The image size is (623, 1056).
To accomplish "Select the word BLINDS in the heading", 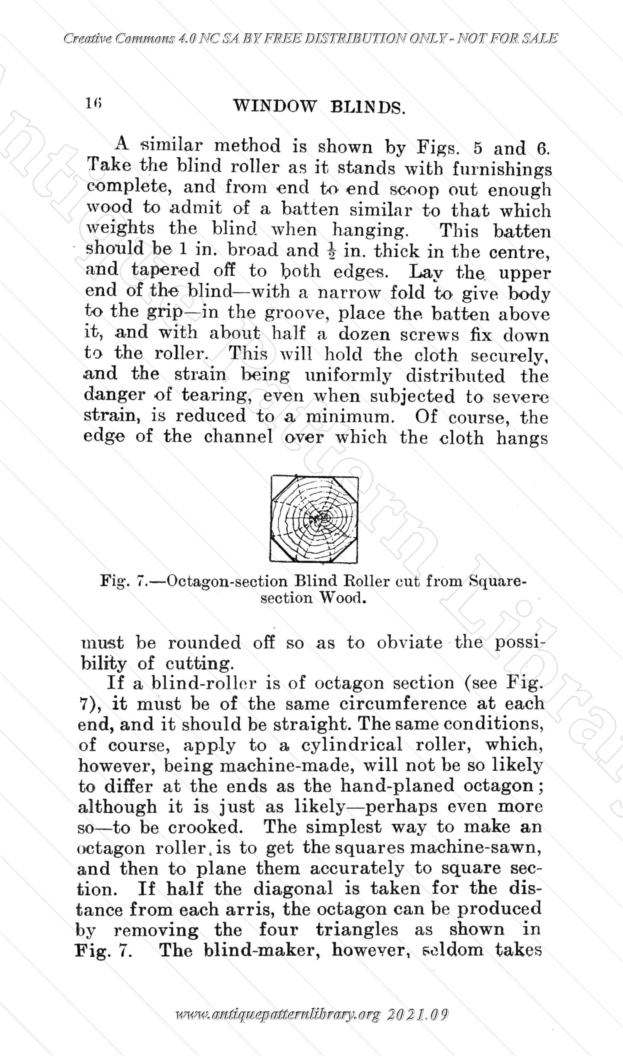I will pyautogui.click(x=368, y=108).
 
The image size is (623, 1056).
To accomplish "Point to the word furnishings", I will pyautogui.click(x=502, y=169).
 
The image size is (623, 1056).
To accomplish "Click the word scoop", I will pyautogui.click(x=414, y=190).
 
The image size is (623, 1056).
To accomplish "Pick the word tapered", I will pyautogui.click(x=165, y=270).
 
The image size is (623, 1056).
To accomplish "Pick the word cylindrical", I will pyautogui.click(x=351, y=745).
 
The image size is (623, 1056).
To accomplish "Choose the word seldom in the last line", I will pyautogui.click(x=453, y=950).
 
